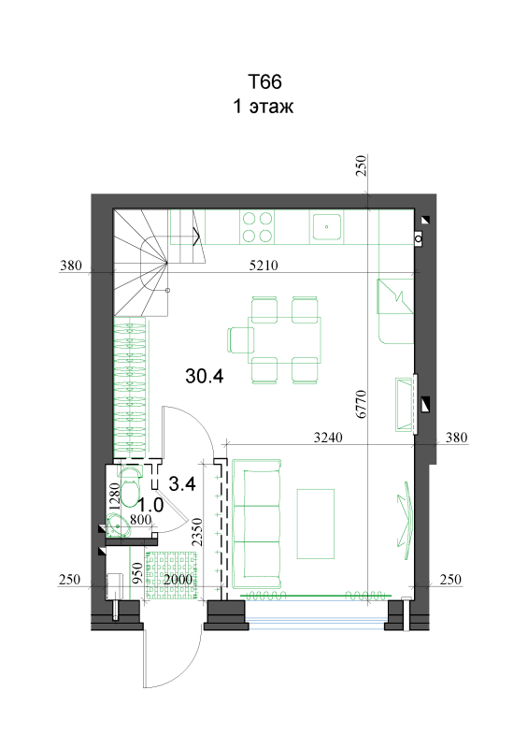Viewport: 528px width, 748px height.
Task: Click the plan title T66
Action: [264, 81]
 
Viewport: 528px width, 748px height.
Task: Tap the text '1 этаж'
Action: [263, 106]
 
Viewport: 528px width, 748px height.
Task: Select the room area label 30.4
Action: [204, 377]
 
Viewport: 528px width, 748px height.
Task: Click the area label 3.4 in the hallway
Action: [182, 484]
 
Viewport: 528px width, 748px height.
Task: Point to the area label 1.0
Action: [150, 505]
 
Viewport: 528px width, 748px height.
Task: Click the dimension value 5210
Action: [264, 266]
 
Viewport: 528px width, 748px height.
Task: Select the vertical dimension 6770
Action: [362, 404]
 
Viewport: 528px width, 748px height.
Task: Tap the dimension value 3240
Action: [328, 437]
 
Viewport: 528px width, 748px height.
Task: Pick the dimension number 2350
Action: [197, 532]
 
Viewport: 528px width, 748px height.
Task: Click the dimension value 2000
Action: [178, 579]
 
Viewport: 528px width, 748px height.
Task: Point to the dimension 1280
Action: [114, 496]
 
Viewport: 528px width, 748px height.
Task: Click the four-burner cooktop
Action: [257, 227]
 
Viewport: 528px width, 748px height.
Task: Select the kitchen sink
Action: [327, 226]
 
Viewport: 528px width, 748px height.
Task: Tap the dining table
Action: [284, 340]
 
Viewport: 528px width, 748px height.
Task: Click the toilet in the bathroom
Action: [130, 486]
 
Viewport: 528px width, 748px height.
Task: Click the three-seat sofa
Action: [256, 524]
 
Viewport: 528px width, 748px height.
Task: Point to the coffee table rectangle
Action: [315, 524]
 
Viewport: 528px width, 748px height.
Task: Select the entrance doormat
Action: [172, 575]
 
